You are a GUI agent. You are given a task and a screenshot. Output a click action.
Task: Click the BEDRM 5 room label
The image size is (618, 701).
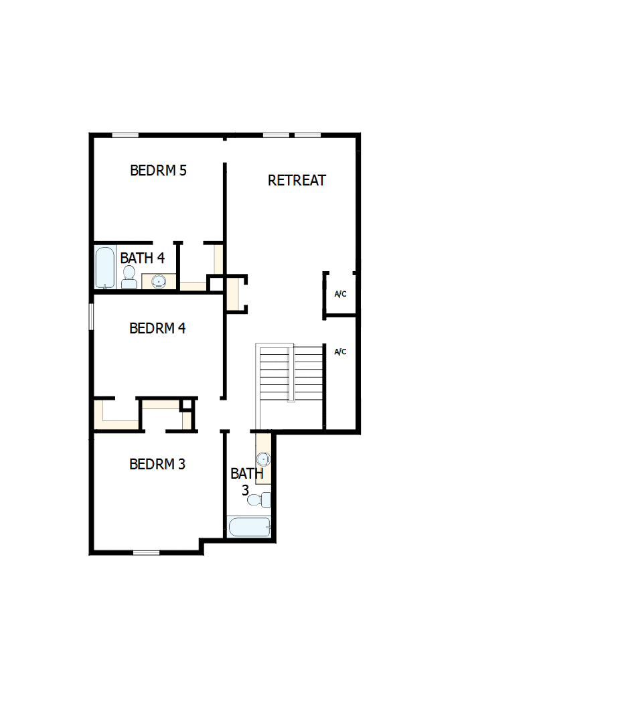click(158, 171)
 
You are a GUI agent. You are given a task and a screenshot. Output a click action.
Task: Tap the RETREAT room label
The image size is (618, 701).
click(297, 180)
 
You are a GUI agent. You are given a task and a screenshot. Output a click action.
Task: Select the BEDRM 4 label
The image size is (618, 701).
click(157, 329)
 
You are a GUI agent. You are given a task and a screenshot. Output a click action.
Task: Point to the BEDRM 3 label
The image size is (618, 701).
click(157, 464)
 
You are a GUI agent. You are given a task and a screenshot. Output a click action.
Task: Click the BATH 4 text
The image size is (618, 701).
click(142, 258)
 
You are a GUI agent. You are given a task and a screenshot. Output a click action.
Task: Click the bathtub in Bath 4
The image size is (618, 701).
click(105, 268)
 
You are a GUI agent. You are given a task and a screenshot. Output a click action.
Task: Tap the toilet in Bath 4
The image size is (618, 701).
click(129, 277)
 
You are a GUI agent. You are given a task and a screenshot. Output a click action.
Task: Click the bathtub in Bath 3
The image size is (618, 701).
click(249, 527)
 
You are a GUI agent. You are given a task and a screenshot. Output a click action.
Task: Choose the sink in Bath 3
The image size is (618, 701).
click(264, 459)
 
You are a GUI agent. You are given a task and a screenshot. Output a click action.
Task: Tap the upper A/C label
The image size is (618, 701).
click(340, 295)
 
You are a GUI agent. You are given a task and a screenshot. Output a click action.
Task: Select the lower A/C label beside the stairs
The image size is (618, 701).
click(340, 352)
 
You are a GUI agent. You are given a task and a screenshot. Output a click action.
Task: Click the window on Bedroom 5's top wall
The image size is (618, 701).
click(125, 135)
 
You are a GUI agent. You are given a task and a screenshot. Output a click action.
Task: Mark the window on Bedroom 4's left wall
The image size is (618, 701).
click(91, 316)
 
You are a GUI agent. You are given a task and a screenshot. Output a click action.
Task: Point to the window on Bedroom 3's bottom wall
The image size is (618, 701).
click(146, 552)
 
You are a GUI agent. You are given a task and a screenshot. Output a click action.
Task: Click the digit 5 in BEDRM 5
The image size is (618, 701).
click(183, 171)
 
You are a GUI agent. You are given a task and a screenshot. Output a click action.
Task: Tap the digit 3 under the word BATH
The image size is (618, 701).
click(245, 491)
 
